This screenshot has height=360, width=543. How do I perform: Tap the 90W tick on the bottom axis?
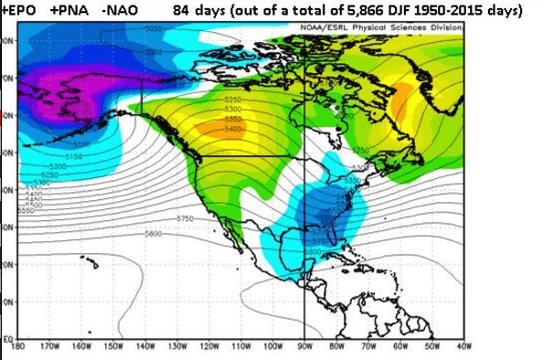click(304, 346)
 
